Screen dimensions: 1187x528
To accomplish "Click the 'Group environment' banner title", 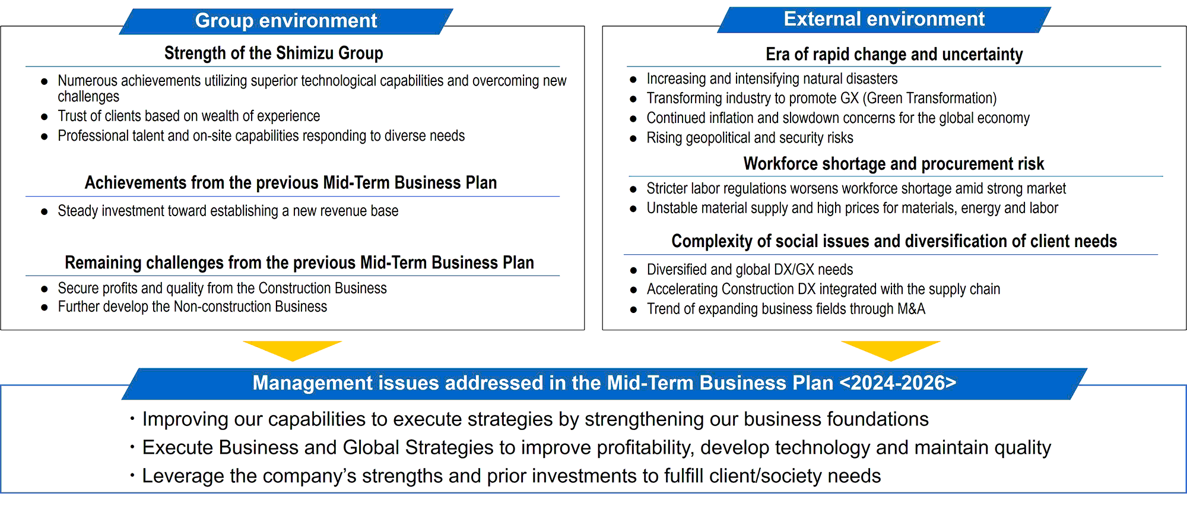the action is point(286,21).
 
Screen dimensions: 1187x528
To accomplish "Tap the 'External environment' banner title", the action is point(884,19).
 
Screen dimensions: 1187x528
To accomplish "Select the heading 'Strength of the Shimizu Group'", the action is point(274,53).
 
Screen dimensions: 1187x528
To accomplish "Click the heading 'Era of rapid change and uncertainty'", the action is point(894,55).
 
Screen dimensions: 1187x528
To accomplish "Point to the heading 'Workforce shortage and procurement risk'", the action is point(894,164).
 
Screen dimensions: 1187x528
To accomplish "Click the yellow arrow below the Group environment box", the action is point(292,350).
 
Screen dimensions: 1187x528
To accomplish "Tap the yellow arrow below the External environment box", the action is point(890,350).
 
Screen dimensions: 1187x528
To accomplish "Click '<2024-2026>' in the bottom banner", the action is point(898,383).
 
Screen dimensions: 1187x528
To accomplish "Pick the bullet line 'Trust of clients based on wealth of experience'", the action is point(189,116).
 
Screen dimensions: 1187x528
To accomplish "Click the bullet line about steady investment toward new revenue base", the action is point(228,211).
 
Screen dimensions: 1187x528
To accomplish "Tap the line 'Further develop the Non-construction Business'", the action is point(192,307).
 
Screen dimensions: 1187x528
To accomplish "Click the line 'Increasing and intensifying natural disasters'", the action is point(772,79).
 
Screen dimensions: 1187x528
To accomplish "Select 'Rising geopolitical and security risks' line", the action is point(750,138).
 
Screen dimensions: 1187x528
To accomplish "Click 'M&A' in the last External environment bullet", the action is point(911,309).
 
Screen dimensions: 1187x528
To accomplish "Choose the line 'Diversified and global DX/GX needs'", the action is point(750,270).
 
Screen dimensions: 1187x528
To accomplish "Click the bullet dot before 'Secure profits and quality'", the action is point(44,289).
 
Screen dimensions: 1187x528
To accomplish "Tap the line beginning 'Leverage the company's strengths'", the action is point(511,476).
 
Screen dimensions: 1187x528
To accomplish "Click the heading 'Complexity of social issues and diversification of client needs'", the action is point(894,242).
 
